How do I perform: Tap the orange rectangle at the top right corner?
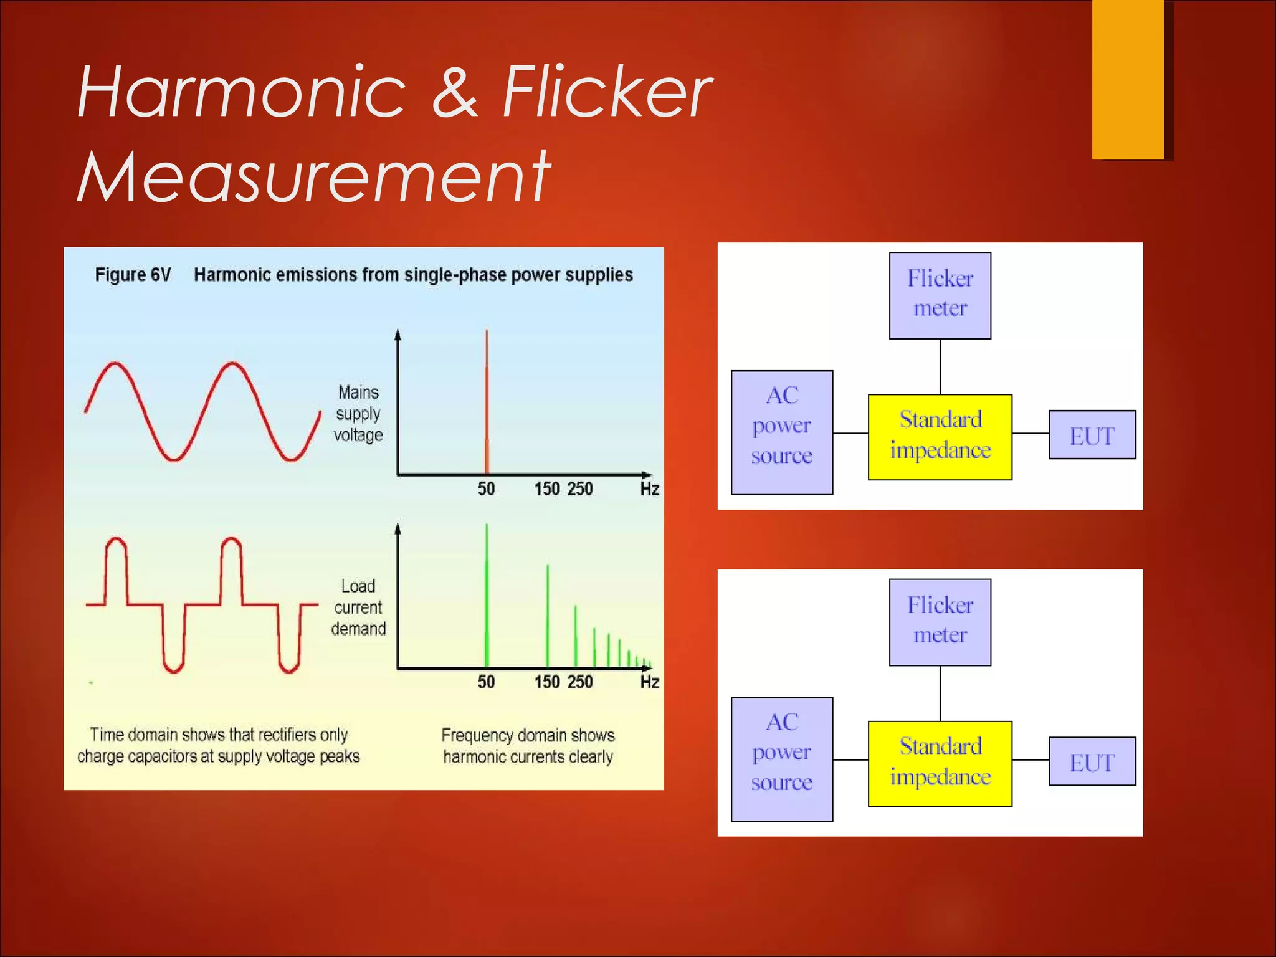point(1128,79)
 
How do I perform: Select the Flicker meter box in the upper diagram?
point(940,295)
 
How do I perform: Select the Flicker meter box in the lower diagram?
point(940,622)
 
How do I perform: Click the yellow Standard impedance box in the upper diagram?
point(940,437)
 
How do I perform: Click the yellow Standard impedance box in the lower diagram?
point(940,763)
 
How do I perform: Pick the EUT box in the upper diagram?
point(1092,435)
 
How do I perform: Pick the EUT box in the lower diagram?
point(1092,761)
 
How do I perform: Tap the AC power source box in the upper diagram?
point(781,432)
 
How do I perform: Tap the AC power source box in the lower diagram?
point(781,759)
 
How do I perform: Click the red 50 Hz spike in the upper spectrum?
point(487,405)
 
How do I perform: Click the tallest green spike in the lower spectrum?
point(487,598)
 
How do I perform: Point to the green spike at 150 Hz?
point(548,617)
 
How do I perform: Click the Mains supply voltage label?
point(358,414)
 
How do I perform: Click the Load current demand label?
point(358,607)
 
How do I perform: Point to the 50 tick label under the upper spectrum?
point(486,489)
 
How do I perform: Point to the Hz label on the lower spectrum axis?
point(649,682)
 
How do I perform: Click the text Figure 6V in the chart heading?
point(133,275)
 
